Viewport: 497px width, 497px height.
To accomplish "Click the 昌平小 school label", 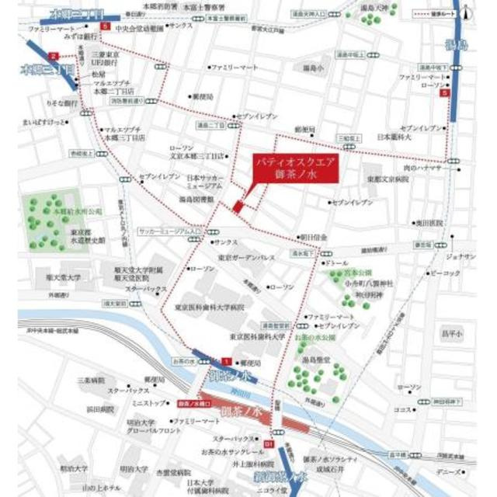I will [452, 333].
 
